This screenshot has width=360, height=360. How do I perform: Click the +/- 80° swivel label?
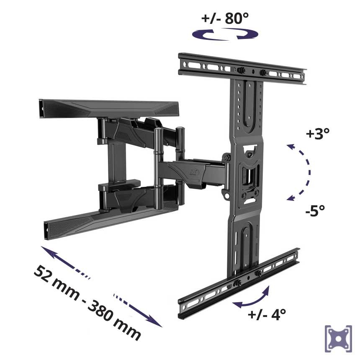tap(225, 18)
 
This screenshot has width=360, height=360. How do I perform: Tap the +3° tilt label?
tap(318, 133)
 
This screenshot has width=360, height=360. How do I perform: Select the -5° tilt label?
tap(315, 210)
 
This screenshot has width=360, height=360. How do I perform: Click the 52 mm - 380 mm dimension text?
tap(87, 303)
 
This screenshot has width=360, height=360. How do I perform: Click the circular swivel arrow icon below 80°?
tap(225, 34)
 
